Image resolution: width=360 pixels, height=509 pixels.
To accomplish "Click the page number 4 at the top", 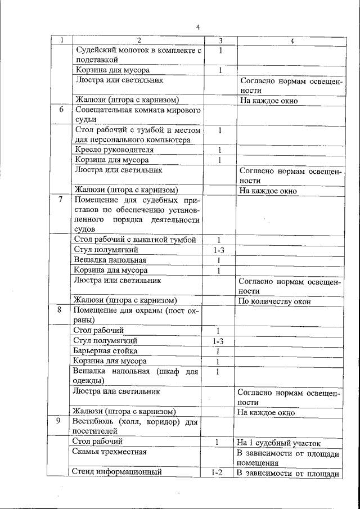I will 197,27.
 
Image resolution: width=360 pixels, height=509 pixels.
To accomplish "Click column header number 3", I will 220,40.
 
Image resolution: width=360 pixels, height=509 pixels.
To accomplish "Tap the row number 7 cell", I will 61,200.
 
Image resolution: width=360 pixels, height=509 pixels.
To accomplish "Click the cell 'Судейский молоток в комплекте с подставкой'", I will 138,55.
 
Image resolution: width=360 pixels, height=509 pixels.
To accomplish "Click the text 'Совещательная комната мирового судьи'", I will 138,114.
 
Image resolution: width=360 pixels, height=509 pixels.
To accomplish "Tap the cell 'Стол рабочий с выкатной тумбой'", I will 135,240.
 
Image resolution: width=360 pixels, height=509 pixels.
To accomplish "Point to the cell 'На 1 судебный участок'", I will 279,442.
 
